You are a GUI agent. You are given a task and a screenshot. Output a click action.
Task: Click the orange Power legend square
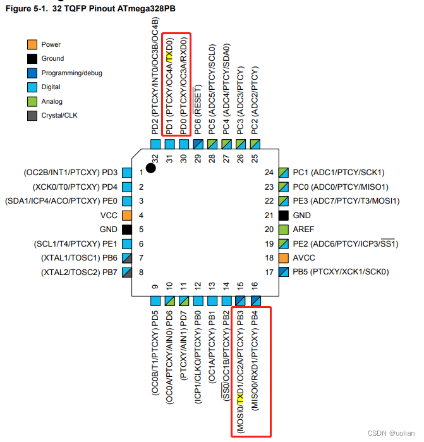pos(32,44)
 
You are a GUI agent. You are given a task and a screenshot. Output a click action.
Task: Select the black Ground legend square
pos(32,59)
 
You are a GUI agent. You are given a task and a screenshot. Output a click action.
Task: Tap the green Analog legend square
pos(32,101)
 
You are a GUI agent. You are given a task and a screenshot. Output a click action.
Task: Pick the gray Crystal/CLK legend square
pos(32,115)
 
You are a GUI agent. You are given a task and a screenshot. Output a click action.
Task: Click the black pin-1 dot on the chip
pos(150,168)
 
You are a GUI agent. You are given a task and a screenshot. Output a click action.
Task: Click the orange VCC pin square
pos(127,215)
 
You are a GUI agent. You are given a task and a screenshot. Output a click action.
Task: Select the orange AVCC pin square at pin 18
pos(283,258)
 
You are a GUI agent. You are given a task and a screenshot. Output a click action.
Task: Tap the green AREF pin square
pos(283,230)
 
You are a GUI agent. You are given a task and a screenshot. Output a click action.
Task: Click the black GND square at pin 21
pos(283,215)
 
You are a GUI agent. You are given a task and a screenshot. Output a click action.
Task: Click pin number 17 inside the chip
pos(269,273)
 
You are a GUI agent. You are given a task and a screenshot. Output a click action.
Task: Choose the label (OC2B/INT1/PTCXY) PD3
pos(70,172)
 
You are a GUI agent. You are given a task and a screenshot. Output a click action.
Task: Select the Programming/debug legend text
pos(71,73)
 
